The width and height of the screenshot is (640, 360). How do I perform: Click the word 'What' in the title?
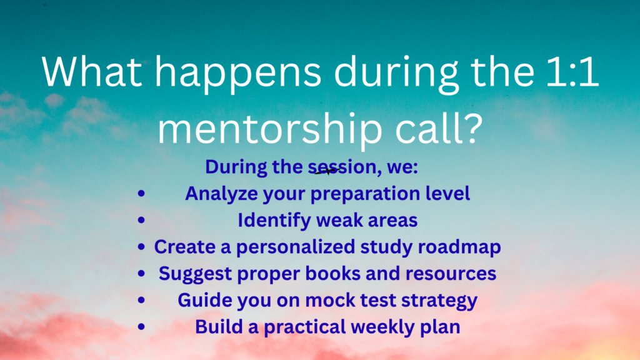click(x=92, y=71)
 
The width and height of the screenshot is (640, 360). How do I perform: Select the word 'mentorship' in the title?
click(x=270, y=129)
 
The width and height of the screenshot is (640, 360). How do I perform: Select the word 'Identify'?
click(x=275, y=221)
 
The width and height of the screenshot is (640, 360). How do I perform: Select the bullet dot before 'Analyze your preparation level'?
click(x=141, y=194)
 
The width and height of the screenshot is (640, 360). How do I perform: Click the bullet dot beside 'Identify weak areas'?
click(x=141, y=221)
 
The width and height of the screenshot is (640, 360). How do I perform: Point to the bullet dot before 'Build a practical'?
click(x=141, y=326)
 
